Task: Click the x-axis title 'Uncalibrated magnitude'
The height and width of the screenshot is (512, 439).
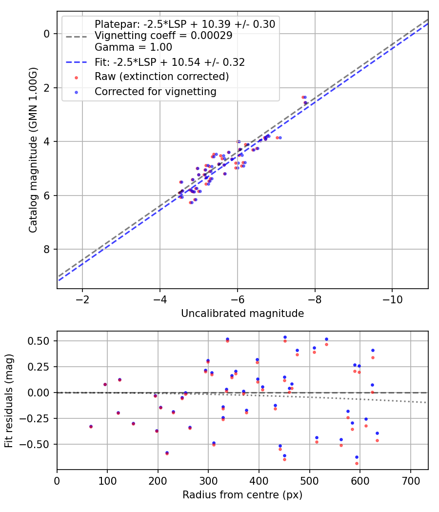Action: click(242, 314)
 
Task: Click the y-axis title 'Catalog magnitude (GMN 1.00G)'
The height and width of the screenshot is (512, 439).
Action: click(33, 150)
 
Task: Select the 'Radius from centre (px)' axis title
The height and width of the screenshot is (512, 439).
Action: click(242, 495)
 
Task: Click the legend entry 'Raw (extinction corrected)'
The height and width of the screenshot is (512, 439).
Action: click(161, 77)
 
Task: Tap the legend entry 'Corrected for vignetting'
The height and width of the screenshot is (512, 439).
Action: click(155, 91)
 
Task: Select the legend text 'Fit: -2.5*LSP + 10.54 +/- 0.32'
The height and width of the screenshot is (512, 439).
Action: click(169, 62)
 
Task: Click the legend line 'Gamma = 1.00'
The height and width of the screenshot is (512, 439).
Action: click(133, 47)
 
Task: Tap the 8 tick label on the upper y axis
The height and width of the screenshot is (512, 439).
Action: click(47, 250)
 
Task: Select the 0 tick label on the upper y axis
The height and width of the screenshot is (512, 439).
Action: click(47, 34)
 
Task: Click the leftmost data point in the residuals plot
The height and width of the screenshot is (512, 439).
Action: click(91, 426)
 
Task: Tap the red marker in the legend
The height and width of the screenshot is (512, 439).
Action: click(76, 77)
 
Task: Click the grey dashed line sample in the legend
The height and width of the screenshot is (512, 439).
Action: click(76, 36)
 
